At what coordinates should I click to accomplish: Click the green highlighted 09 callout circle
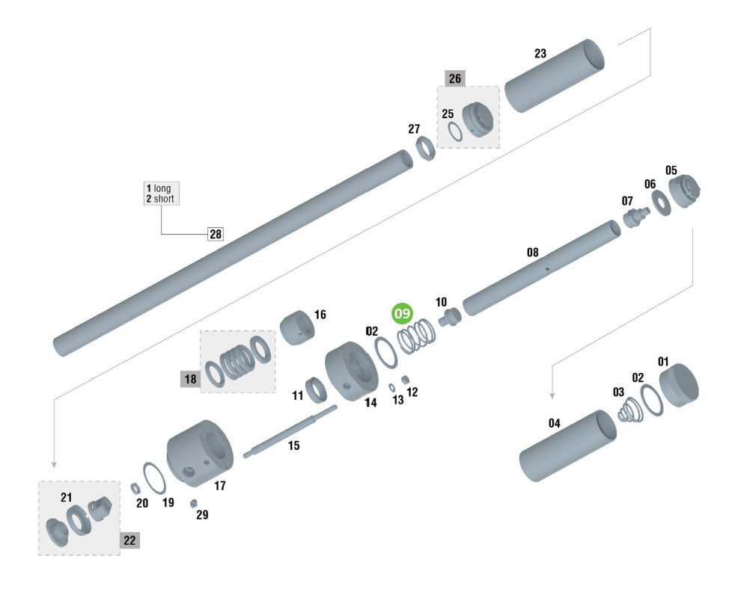click(x=402, y=313)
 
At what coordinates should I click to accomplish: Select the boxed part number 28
click(x=216, y=234)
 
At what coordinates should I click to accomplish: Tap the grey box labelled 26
click(x=455, y=78)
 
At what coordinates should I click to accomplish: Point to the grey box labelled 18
click(x=190, y=379)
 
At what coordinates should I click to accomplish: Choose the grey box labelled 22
click(x=129, y=540)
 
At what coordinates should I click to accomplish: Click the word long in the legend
click(x=162, y=188)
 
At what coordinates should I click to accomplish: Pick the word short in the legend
click(x=164, y=199)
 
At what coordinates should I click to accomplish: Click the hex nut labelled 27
click(x=425, y=148)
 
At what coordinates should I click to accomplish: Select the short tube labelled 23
click(x=555, y=75)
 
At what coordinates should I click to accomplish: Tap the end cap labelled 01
click(x=679, y=385)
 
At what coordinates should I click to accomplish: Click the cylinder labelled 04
click(x=567, y=446)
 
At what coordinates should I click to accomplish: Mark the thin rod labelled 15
click(x=290, y=432)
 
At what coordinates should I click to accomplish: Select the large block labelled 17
click(x=200, y=453)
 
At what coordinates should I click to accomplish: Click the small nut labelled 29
click(x=193, y=503)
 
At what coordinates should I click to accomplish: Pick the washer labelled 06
click(x=661, y=203)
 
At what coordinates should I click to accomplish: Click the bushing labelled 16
click(x=297, y=327)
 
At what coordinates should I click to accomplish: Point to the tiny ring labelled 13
click(x=392, y=387)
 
